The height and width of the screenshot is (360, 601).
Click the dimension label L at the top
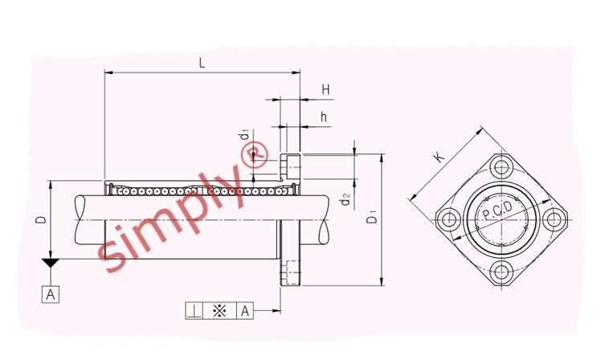point(202,63)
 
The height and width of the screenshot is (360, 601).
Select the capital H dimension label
point(325,90)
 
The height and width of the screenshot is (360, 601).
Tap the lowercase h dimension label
point(324,117)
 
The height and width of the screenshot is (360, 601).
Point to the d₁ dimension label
point(244,136)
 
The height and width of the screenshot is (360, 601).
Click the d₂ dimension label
point(345,199)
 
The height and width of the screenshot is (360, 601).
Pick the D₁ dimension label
point(372,219)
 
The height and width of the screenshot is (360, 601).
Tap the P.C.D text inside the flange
point(497,211)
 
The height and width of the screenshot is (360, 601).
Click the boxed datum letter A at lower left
point(51,294)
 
